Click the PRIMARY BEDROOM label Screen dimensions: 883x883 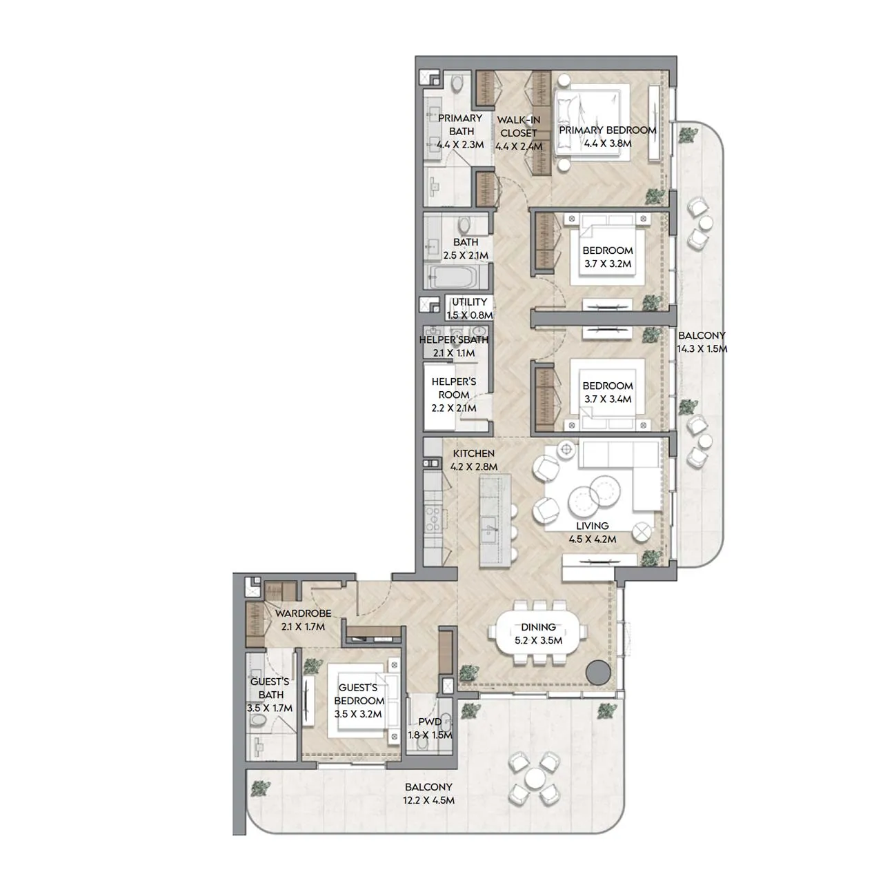click(608, 130)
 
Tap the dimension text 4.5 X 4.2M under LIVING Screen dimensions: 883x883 click(593, 539)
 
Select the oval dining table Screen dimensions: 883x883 click(538, 633)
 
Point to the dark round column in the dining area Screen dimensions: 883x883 click(599, 672)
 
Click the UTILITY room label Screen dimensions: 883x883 click(469, 302)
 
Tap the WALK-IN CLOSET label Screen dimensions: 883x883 click(519, 126)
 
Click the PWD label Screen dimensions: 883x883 click(430, 722)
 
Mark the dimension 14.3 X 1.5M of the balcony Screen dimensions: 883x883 click(702, 348)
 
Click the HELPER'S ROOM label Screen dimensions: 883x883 click(454, 388)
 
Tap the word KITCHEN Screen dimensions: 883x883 click(474, 453)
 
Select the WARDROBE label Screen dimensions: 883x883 click(304, 613)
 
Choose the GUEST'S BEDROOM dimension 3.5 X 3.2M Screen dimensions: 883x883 click(358, 714)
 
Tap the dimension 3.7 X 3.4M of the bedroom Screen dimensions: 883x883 click(608, 399)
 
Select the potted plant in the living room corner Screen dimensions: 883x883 click(651, 558)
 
